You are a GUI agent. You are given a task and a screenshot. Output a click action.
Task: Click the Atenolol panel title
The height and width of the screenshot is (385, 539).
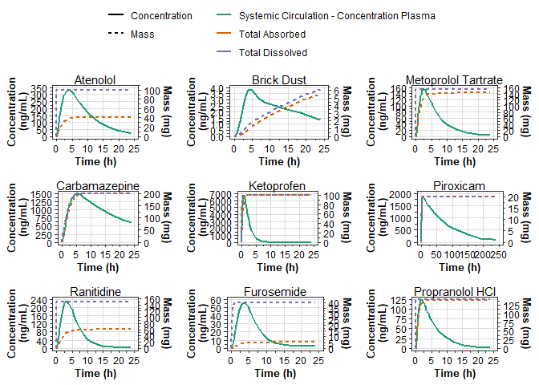95,80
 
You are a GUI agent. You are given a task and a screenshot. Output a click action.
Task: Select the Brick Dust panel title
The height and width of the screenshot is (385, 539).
276,80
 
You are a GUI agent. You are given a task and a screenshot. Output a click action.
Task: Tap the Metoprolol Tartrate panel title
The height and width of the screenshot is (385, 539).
454,80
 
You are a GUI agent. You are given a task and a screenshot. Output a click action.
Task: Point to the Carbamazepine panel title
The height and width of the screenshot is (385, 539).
95,186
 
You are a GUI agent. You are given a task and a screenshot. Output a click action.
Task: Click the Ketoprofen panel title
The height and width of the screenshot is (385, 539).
276,186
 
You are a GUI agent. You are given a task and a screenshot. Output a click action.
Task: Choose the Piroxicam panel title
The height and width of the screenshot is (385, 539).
454,186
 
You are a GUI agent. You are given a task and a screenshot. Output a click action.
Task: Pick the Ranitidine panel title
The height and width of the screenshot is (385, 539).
95,292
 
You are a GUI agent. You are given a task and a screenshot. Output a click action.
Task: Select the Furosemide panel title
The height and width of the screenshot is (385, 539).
276,292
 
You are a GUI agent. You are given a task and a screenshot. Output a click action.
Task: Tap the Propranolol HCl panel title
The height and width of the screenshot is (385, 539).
454,292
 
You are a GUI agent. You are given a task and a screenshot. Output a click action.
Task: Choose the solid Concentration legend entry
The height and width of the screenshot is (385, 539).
161,15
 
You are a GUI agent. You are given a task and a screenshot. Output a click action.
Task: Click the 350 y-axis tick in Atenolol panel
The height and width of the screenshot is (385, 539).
39,88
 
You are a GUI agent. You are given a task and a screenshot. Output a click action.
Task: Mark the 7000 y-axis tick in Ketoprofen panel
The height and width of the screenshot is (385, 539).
220,195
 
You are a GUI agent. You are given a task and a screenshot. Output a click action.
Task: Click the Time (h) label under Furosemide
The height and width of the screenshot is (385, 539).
276,374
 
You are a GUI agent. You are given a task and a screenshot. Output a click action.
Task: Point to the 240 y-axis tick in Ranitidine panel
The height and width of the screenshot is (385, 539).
39,301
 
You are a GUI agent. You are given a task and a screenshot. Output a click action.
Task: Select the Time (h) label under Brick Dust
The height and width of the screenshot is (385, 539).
276,162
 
